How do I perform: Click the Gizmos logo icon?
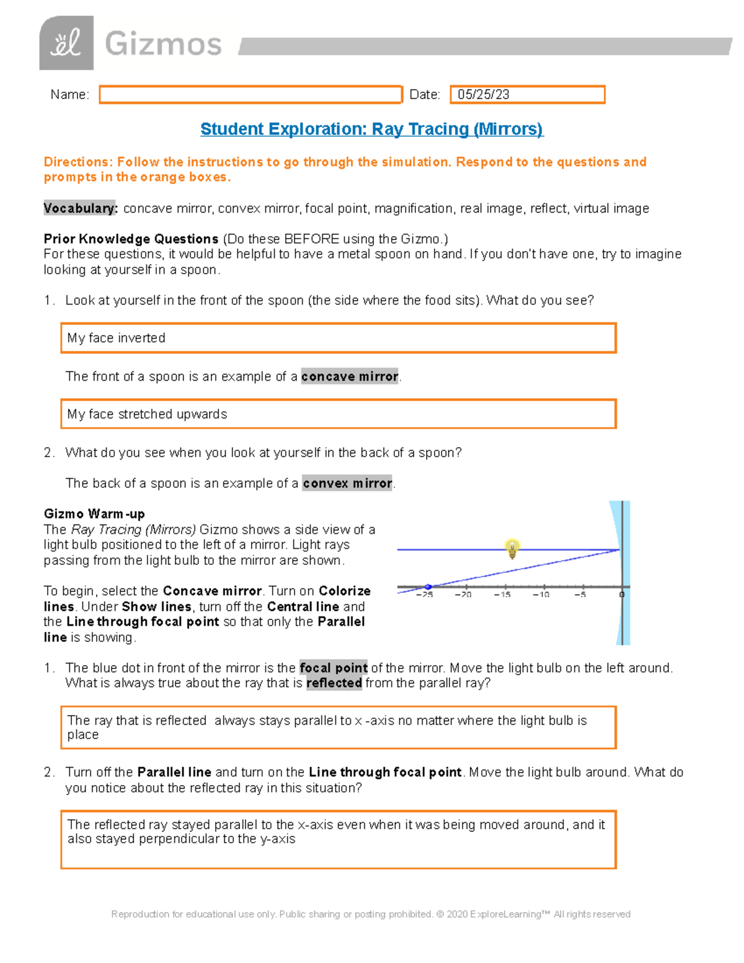pos(66,43)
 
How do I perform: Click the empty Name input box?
pos(250,94)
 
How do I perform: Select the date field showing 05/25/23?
pos(527,94)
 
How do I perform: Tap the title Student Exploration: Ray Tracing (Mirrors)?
pos(371,129)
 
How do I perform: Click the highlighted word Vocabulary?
pos(80,208)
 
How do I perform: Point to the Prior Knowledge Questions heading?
pos(131,239)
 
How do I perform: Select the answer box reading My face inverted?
pos(338,338)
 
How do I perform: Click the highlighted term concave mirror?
pos(350,376)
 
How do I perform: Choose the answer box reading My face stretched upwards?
pos(338,414)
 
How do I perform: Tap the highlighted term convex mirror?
pos(347,483)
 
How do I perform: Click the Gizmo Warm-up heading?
pos(94,513)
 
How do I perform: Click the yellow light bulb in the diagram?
pos(512,548)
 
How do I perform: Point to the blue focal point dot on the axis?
pos(428,587)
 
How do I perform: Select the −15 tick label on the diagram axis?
pos(502,595)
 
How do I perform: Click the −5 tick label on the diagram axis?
pos(580,595)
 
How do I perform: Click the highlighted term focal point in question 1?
pos(334,668)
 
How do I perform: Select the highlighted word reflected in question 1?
pos(334,683)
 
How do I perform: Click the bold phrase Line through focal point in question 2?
pos(385,772)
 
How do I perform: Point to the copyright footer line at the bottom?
pos(371,914)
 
